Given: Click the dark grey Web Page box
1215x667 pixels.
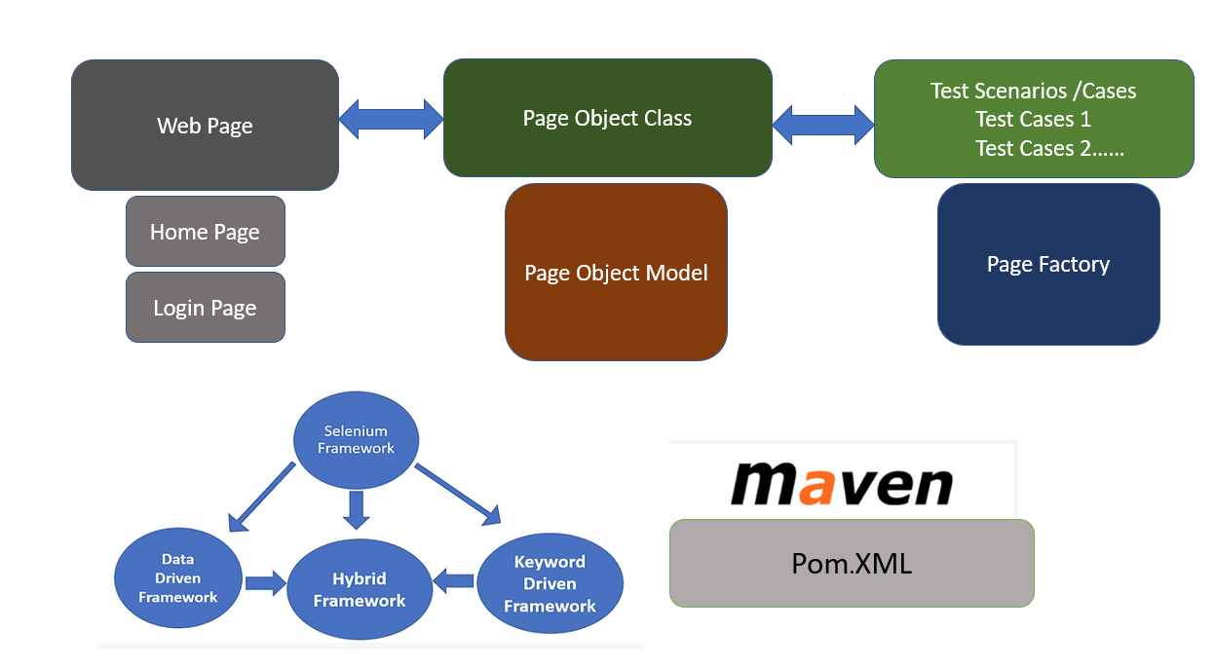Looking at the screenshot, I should point(205,126).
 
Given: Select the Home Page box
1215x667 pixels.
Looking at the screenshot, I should point(205,232).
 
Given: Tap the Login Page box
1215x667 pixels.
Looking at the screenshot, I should point(205,308).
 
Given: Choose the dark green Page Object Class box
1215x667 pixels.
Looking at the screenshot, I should point(607,118).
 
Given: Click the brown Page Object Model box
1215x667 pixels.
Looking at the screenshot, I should point(616,273).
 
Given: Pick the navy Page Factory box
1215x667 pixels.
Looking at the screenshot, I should point(1048,264).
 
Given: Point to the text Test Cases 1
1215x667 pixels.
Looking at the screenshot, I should point(1033,120).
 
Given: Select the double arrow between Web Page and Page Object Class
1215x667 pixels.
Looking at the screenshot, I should point(391,119).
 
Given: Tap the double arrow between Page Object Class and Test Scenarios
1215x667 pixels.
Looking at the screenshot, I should point(823,123).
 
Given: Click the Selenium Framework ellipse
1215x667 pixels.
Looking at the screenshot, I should point(356,440).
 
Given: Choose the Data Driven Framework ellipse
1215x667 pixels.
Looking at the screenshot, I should point(177,578).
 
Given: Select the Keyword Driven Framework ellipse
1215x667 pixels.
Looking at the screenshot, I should point(550,583).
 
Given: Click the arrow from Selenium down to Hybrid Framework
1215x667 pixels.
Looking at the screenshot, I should point(357,508).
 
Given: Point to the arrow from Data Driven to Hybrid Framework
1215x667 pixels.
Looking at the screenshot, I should point(264,582).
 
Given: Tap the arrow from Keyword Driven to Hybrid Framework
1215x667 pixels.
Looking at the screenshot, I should point(453,582).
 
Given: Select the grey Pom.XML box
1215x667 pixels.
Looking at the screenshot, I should point(851,563).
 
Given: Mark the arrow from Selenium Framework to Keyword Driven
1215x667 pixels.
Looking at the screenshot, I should point(457,495).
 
